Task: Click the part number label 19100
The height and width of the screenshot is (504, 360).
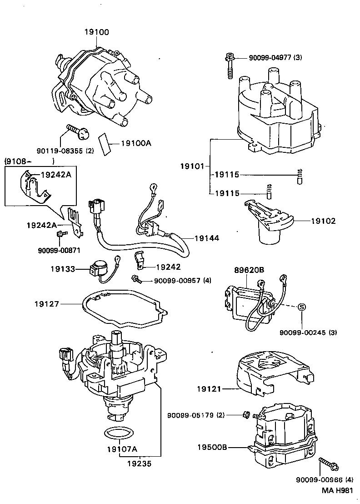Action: tap(96, 32)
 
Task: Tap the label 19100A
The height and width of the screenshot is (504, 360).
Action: tap(135, 143)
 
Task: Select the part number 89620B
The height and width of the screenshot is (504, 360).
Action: tap(249, 270)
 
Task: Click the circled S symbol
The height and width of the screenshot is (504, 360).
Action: tap(301, 307)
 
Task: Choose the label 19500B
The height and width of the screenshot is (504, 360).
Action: tap(212, 447)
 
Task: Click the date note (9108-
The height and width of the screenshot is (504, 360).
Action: tap(19, 161)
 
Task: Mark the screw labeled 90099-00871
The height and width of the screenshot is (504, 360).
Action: tap(60, 234)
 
